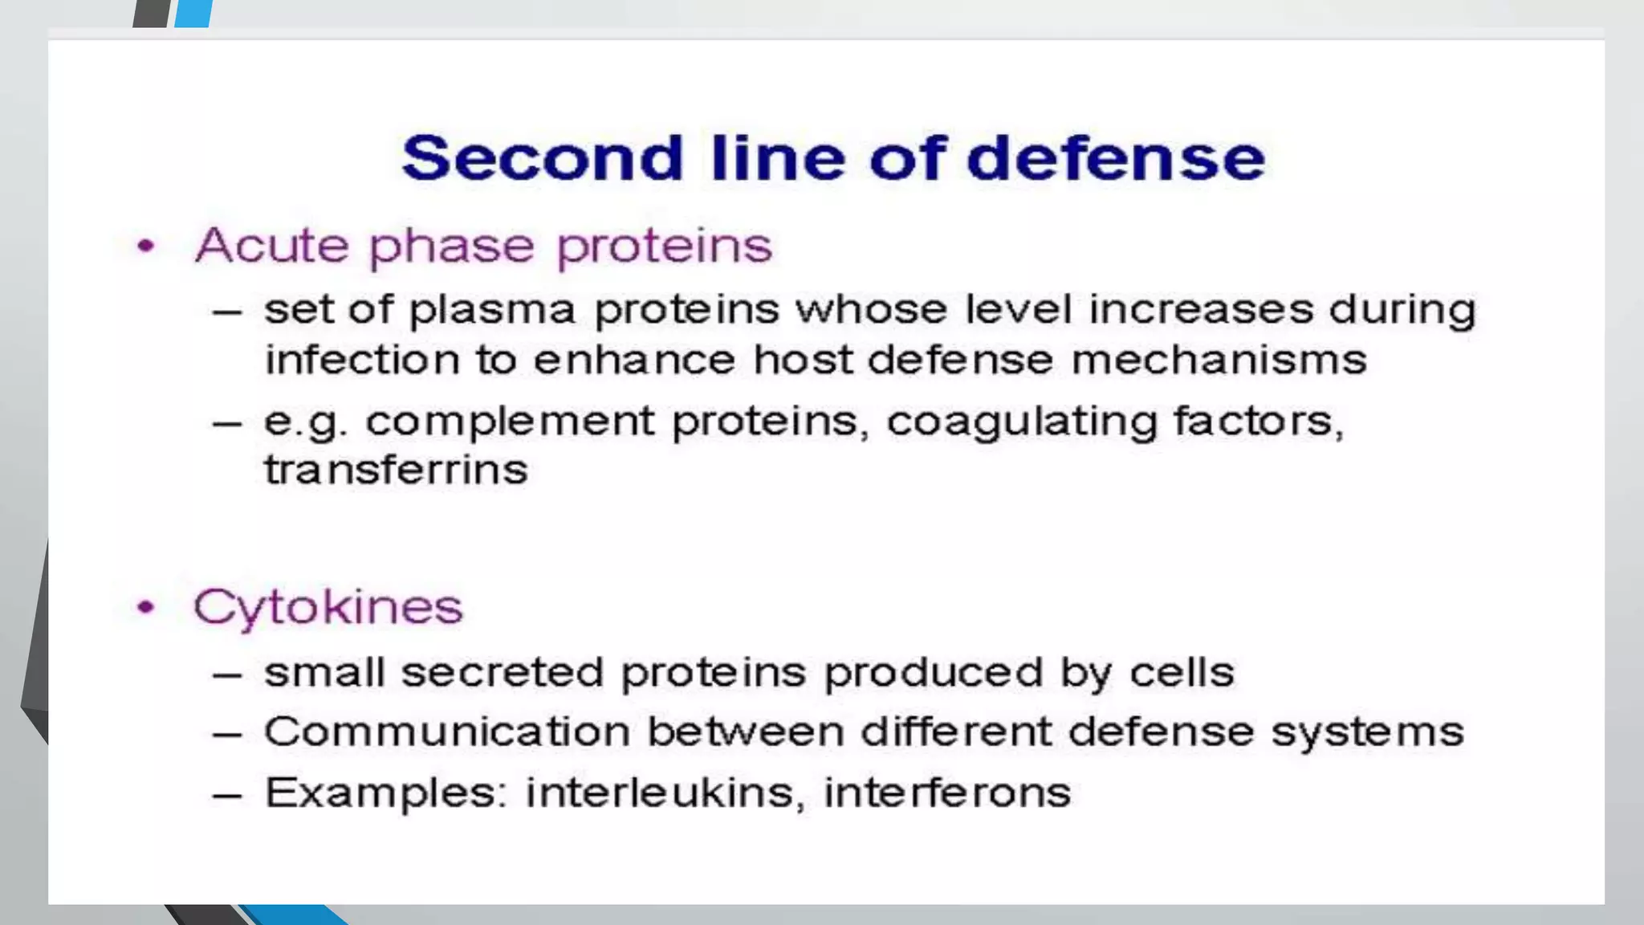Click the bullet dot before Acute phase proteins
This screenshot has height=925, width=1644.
pos(146,246)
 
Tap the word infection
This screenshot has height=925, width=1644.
pos(360,359)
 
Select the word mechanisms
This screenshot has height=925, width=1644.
pos(1219,359)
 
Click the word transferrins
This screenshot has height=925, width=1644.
pos(396,470)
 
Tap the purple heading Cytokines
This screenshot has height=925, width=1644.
pos(328,607)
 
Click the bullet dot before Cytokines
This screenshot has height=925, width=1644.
pos(146,608)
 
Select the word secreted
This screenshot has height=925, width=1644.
pos(502,672)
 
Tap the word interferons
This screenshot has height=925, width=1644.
pos(947,793)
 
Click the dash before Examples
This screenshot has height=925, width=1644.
pos(227,795)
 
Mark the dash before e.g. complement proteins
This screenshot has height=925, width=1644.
pos(227,423)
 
